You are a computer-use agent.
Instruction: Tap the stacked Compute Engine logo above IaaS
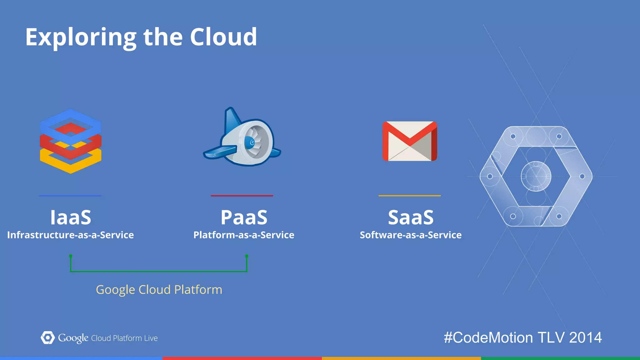click(71, 141)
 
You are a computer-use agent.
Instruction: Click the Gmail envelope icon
click(410, 141)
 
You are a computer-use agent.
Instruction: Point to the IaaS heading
click(71, 217)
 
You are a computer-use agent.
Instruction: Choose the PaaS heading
click(244, 217)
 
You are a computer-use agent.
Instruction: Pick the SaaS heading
click(411, 217)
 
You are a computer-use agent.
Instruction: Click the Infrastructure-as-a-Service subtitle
click(71, 235)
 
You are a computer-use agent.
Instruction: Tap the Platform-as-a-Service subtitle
click(244, 235)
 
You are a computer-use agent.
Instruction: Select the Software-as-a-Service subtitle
click(411, 235)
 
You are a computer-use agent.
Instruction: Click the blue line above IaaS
click(70, 196)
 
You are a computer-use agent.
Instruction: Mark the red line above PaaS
click(242, 196)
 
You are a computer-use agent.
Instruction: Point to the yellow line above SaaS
click(409, 196)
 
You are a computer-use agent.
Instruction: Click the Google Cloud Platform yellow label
click(159, 290)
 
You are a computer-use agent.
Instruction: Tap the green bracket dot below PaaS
click(247, 256)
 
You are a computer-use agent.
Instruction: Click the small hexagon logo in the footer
click(47, 338)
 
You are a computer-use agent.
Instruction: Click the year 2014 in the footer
click(585, 338)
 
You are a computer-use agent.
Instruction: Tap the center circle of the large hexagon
click(536, 176)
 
